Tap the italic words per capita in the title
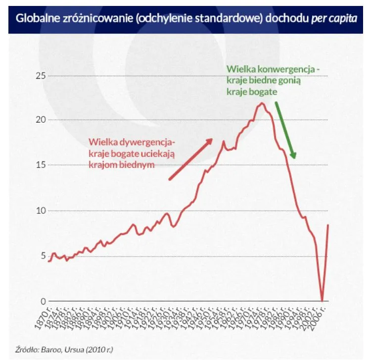point(334,18)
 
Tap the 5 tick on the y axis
point(43,256)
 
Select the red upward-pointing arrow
point(190,159)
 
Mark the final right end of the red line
point(328,225)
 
